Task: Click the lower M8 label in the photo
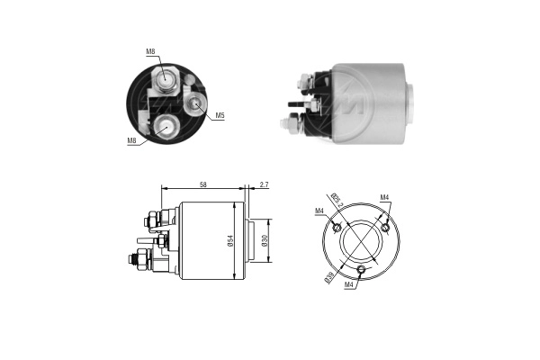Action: (x=131, y=140)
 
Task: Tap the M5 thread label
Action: (x=220, y=115)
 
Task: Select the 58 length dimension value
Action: (x=202, y=184)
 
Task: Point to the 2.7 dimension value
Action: (x=263, y=184)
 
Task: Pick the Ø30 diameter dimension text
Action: (x=265, y=240)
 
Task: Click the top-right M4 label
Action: (x=384, y=197)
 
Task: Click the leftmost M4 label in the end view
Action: (x=319, y=211)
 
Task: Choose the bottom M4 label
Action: (x=349, y=285)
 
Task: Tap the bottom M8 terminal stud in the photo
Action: (x=166, y=127)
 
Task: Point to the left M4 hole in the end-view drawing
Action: (x=337, y=227)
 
